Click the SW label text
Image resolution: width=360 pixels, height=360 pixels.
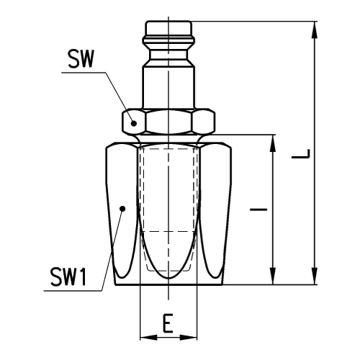(81, 59)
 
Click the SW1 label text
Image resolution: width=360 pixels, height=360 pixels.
(68, 276)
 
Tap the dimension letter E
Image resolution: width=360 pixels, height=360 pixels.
(168, 323)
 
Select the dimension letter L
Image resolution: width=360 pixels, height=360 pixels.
(301, 154)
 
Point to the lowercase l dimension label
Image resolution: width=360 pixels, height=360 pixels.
(258, 210)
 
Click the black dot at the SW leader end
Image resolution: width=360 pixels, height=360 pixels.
(134, 123)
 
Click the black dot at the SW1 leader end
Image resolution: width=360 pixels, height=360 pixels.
(122, 209)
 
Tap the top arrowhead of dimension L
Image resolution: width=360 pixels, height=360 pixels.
(314, 30)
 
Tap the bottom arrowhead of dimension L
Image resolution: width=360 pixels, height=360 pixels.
(314, 276)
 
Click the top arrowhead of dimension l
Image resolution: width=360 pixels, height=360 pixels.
(273, 143)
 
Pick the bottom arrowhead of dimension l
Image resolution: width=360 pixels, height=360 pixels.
(273, 276)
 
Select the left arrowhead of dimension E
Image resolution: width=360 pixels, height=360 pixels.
(148, 338)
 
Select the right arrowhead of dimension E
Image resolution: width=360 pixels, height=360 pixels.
(188, 338)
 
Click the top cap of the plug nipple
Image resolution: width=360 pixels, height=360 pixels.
(168, 29)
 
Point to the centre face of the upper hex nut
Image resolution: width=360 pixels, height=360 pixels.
(168, 122)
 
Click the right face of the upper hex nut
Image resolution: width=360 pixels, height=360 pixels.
(203, 121)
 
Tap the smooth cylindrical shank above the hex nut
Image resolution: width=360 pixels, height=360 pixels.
(168, 88)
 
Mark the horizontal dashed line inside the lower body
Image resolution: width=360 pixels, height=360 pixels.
(168, 232)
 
